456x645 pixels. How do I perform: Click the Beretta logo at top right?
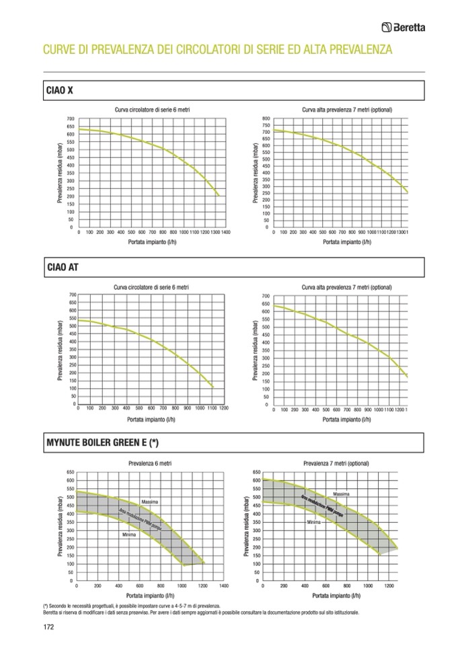pos(408,28)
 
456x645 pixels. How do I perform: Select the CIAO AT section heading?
pos(60,267)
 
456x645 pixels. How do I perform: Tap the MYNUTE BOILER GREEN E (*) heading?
pos(102,443)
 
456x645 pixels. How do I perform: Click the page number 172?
pos(48,626)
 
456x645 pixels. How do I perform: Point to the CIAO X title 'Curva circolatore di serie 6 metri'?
pos(151,110)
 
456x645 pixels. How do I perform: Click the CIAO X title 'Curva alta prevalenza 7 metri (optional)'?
pos(347,110)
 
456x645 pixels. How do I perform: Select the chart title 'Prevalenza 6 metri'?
pos(151,463)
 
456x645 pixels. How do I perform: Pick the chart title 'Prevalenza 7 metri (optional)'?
pos(336,463)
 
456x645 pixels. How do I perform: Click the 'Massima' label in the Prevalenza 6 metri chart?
pos(149,502)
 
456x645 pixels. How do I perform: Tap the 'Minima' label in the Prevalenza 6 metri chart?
pos(129,535)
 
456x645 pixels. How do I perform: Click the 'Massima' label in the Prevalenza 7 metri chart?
pos(341,494)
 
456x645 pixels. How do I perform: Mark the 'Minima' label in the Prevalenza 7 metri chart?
pos(313,522)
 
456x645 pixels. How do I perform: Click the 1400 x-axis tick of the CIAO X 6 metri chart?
pos(225,232)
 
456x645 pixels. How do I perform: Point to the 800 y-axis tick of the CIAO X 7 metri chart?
pos(266,118)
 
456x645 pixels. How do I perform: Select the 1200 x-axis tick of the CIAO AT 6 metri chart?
pos(224,408)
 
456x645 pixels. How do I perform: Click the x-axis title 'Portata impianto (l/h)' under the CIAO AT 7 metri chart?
pos(346,419)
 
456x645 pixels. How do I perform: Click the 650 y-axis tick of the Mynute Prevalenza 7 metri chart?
pos(256,472)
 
